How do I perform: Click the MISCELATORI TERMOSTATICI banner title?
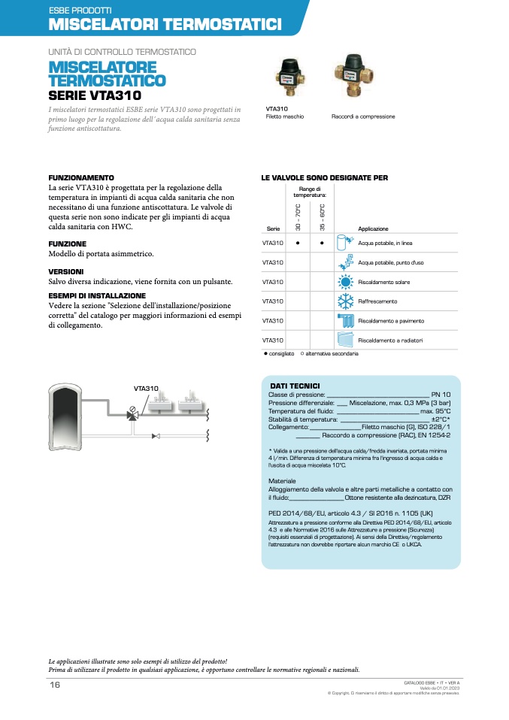coord(165,25)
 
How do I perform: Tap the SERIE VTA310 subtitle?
coord(95,95)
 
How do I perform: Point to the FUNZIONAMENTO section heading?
coord(81,178)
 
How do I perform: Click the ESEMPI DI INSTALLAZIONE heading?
coord(97,295)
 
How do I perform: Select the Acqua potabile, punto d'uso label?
coord(391,262)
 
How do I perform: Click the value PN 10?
coord(441,395)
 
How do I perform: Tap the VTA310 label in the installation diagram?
coord(146,389)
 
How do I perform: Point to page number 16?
coord(55,685)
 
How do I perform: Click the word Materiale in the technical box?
coord(282,480)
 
